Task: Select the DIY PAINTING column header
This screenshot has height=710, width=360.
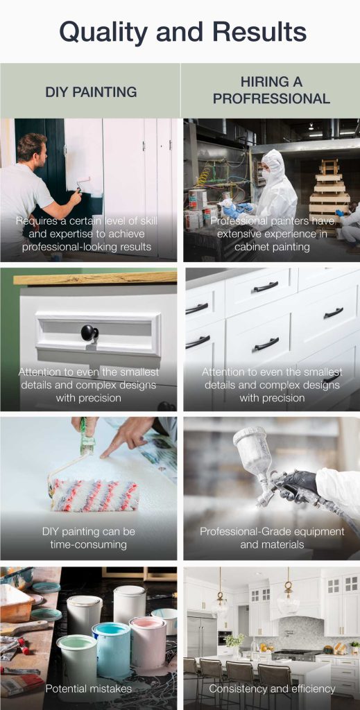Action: [91, 92]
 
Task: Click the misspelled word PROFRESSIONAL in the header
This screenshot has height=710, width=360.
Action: [271, 98]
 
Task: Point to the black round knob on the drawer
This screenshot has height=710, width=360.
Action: [89, 333]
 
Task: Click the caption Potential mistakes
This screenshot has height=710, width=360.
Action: [87, 689]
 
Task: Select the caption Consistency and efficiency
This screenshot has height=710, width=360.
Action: [272, 689]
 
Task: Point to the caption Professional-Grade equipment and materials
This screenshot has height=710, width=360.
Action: [272, 537]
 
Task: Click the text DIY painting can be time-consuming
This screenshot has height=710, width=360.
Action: [88, 537]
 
